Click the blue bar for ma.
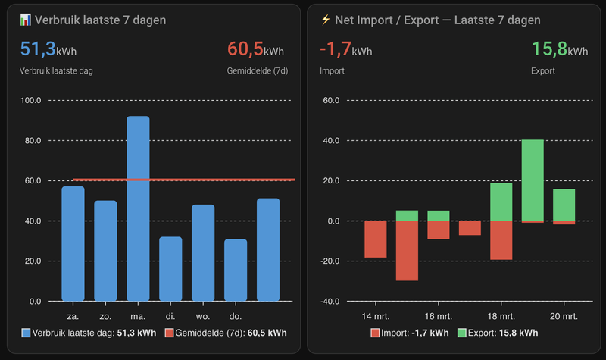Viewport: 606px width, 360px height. [x=138, y=208]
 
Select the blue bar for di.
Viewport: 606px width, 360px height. [x=170, y=269]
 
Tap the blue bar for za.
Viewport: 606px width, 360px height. [x=73, y=243]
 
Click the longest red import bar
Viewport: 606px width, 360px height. [x=407, y=251]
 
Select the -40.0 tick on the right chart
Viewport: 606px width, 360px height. [x=330, y=301]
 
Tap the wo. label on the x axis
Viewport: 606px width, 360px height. [x=203, y=315]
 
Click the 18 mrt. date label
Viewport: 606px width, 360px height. [x=501, y=315]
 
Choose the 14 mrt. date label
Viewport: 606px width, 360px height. [x=376, y=315]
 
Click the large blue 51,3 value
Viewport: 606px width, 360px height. [x=37, y=49]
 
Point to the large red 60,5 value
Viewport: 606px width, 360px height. [x=245, y=49]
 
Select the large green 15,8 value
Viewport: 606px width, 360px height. [x=549, y=49]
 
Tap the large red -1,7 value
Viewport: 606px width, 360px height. [x=333, y=49]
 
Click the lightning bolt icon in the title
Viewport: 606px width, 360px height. [x=326, y=20]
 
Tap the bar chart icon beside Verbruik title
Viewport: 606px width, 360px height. [x=26, y=20]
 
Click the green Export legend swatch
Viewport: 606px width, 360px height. [x=462, y=333]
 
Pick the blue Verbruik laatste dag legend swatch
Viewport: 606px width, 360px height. [x=27, y=333]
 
